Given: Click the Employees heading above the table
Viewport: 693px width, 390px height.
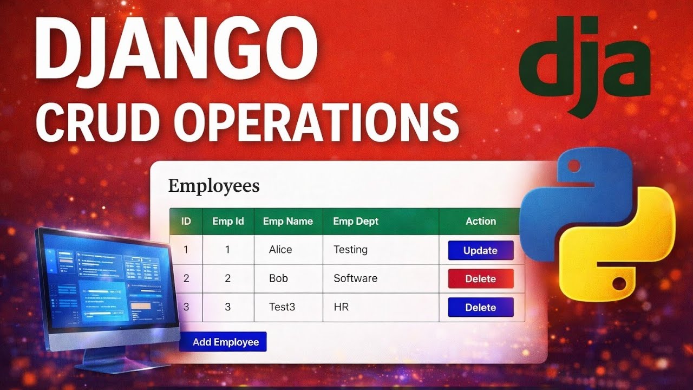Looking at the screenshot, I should click(x=214, y=186).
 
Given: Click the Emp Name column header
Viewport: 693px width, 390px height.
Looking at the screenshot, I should click(x=288, y=221).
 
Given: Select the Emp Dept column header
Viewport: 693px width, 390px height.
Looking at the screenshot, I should click(x=356, y=221).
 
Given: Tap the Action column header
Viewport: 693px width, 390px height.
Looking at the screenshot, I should click(x=481, y=221).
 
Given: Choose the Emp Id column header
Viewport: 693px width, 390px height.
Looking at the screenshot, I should click(x=228, y=221).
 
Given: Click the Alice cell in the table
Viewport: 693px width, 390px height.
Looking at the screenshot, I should click(x=280, y=250).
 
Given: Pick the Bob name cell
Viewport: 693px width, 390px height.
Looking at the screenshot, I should click(x=278, y=278).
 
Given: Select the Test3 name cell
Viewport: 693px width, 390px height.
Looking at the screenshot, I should click(x=282, y=307).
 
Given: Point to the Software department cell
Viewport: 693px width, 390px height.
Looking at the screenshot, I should click(x=355, y=278).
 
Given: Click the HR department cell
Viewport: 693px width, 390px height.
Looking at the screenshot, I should click(x=341, y=307).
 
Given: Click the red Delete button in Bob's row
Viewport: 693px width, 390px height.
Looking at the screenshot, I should click(x=480, y=279).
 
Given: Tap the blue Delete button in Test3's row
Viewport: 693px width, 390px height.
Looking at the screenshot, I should click(x=480, y=307).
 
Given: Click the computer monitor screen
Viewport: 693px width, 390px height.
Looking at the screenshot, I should click(x=108, y=287).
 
